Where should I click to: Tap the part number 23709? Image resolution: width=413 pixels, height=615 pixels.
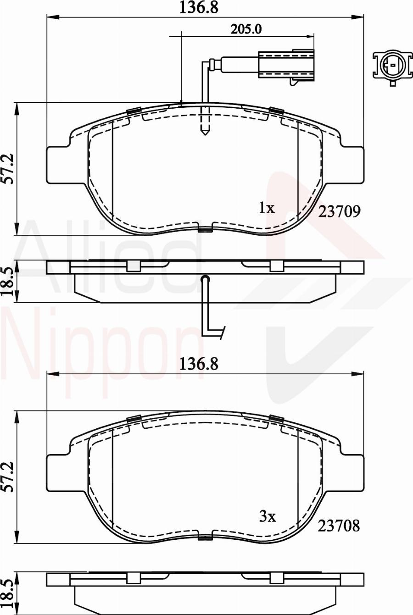(x=340, y=211)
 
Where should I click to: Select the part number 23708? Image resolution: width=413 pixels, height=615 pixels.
(x=339, y=526)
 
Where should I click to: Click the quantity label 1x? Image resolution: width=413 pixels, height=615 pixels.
(x=267, y=208)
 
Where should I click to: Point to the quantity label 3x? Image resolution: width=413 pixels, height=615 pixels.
(x=268, y=517)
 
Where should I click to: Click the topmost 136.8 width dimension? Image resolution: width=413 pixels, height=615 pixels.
(x=199, y=8)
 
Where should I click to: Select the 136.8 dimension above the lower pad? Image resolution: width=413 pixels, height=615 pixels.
(x=199, y=364)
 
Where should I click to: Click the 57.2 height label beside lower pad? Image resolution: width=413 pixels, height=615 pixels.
(x=8, y=477)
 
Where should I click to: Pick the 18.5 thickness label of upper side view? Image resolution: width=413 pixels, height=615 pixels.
(x=8, y=282)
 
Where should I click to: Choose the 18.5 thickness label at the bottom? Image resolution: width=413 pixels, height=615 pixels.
(x=8, y=594)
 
